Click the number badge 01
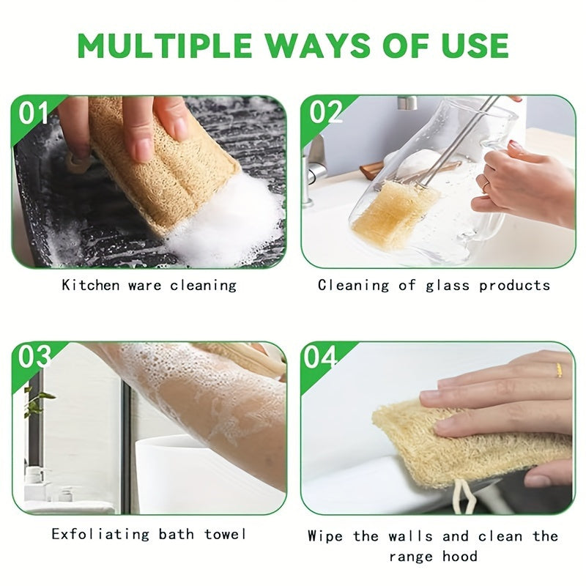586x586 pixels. click(x=34, y=113)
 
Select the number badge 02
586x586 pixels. click(x=325, y=112)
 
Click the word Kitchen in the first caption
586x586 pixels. click(x=92, y=285)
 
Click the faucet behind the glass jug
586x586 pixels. click(x=316, y=165)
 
